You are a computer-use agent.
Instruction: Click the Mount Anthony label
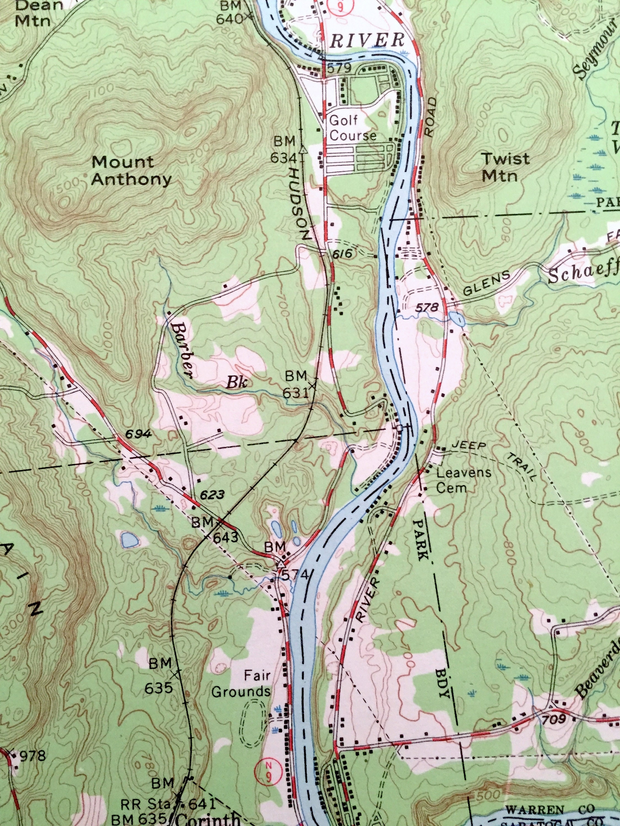pos(131,171)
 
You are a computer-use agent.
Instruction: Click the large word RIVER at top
pos(367,40)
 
